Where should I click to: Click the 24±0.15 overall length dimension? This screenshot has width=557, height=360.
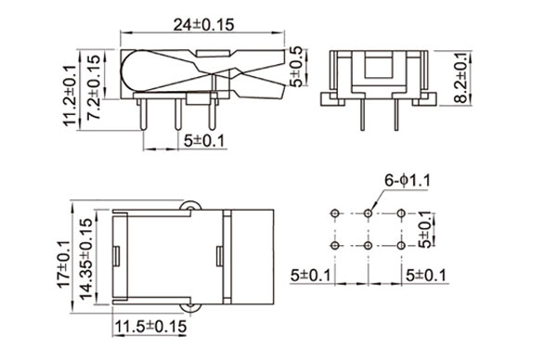203,25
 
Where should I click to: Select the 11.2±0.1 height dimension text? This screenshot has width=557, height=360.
71,96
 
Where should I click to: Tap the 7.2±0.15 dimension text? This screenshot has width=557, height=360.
94,86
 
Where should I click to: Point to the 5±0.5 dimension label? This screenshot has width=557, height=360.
296,67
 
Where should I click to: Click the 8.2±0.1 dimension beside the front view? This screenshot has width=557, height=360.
461,78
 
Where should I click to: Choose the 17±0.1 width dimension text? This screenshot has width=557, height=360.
64,264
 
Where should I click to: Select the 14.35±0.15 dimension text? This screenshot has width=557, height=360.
86,259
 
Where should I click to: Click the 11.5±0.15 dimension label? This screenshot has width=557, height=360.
150,327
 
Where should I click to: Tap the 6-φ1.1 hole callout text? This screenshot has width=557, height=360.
408,181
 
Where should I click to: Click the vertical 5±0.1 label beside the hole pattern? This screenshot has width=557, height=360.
425,230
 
